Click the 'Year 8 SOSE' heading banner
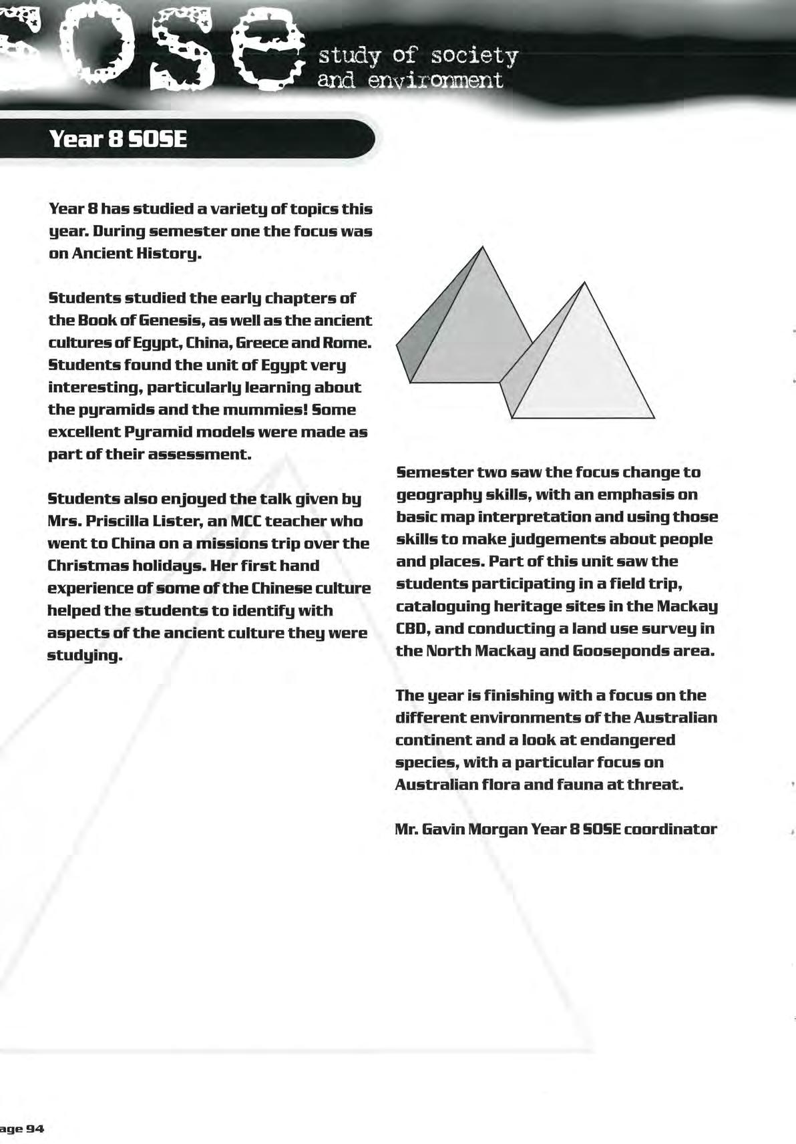118,139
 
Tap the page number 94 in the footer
35,1128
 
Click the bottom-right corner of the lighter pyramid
654,418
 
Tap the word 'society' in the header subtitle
474,56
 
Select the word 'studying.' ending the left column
85,655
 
